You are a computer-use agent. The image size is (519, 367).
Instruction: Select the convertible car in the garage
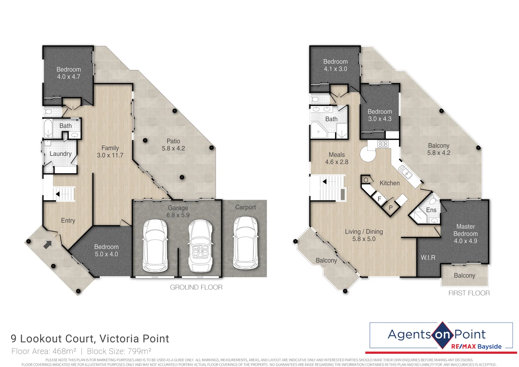tap(200, 246)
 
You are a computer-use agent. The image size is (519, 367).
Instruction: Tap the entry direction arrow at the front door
tap(48, 245)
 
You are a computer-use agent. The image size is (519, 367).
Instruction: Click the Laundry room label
tap(60, 154)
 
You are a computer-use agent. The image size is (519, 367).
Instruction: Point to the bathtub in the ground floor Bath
tap(48, 128)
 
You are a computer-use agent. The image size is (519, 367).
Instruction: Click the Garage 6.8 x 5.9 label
tap(178, 211)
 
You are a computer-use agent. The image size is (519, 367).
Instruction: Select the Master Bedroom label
tap(465, 233)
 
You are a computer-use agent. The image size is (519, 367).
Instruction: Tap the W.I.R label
tap(428, 258)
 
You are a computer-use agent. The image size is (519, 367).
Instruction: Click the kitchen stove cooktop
tap(383, 144)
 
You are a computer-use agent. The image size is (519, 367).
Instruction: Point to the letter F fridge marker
tap(379, 199)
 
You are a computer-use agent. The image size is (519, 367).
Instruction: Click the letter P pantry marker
tap(391, 208)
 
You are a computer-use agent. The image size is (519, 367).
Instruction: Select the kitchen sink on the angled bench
tap(406, 172)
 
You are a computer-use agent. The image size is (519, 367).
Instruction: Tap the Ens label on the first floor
tap(431, 210)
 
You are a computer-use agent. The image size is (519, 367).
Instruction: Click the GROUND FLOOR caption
tap(196, 287)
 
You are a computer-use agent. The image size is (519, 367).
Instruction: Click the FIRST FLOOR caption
tap(469, 293)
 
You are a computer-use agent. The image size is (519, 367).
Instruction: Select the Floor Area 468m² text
tap(44, 351)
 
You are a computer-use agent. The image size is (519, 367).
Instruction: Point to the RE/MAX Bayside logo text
tap(476, 347)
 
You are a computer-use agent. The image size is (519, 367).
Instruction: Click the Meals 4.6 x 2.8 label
tap(337, 158)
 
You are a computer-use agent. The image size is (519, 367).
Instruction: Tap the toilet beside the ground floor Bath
tap(48, 111)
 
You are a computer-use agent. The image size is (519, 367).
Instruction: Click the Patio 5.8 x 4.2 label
tap(173, 145)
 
